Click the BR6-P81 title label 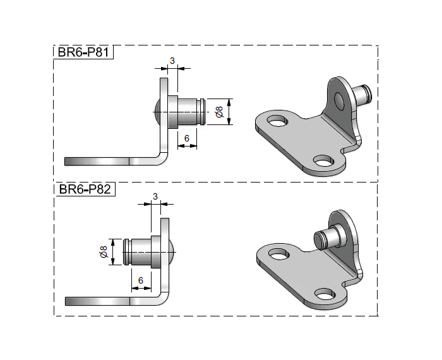coord(83,53)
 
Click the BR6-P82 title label coord(83,189)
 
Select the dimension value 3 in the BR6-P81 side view coord(172,61)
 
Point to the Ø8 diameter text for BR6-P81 coord(218,112)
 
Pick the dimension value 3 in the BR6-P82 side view coord(155,197)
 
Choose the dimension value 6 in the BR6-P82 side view coord(141,279)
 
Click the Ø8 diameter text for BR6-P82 coord(103,251)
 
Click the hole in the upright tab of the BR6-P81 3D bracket coord(340,99)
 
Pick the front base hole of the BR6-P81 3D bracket coord(325,162)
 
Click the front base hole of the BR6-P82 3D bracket coord(325,294)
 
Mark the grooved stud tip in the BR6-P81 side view coord(200,112)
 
